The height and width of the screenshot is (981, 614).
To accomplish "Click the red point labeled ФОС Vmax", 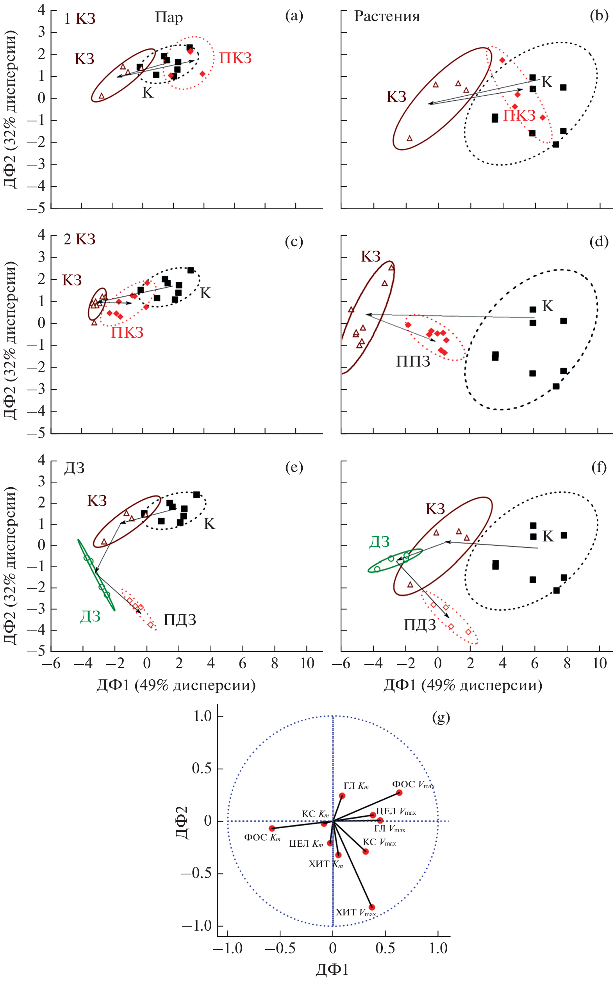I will point(399,793).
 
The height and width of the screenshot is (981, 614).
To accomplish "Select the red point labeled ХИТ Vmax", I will point(371,907).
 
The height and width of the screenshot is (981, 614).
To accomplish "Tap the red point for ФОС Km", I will point(272,828).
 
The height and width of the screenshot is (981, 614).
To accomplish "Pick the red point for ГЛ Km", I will point(342,796).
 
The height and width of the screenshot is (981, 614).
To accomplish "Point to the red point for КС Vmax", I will point(366,851).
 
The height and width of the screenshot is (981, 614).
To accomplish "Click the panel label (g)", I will point(441,718).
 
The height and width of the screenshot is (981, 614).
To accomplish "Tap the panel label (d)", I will point(598,242).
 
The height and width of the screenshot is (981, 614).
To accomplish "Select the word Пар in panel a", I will point(169,18).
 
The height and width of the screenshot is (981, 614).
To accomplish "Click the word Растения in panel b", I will point(387,16).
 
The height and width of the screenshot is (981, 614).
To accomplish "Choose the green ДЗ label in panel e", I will point(90,616).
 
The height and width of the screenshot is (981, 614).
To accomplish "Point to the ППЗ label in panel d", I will point(412,361).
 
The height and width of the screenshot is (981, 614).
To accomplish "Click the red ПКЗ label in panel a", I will point(235,59).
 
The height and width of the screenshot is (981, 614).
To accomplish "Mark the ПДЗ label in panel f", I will point(419,625).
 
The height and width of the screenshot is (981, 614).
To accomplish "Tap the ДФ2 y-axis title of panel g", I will point(182,822).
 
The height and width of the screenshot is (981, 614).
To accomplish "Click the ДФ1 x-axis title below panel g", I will point(332,969).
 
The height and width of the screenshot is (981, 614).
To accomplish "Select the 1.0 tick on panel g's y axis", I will point(203,716).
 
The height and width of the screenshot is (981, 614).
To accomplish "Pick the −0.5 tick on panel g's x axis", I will point(280,948).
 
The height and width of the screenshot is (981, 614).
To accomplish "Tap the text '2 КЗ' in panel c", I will point(80,239).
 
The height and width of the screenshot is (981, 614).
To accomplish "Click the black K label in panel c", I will point(205,293).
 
